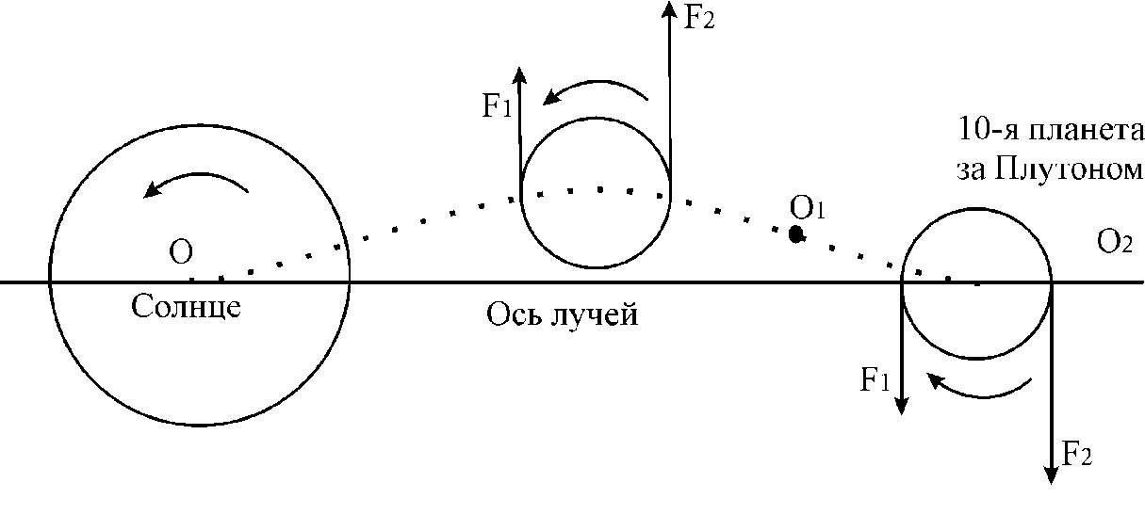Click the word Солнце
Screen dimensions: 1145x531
186,307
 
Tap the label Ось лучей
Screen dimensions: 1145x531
562,314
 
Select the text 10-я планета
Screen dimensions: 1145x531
1051,130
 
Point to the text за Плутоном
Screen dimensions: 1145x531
1050,169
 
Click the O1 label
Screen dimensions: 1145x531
807,208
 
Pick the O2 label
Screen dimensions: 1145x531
1114,242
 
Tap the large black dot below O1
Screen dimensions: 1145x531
795,234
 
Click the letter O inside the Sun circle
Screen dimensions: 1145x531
180,252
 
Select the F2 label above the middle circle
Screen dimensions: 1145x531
698,18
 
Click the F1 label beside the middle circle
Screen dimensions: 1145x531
497,106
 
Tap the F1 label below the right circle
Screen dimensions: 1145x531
875,379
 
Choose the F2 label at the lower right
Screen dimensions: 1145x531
1076,454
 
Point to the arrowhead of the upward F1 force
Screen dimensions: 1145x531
519,74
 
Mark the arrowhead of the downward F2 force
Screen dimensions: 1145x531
1051,475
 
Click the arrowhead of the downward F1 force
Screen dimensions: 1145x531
902,406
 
